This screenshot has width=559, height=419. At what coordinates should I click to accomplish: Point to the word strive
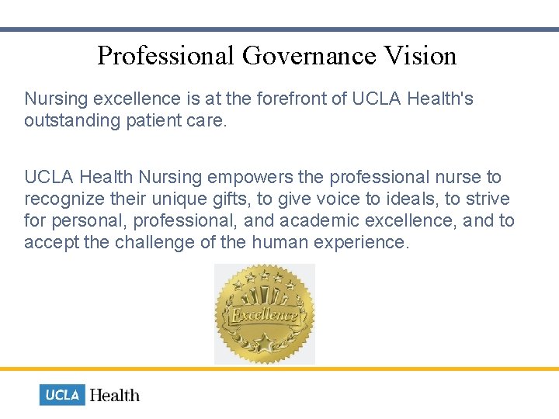(x=488, y=199)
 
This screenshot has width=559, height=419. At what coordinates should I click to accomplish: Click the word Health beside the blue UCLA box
(x=115, y=395)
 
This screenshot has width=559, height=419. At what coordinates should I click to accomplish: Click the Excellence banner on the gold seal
(x=264, y=315)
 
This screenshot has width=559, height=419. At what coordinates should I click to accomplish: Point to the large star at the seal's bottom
(x=264, y=341)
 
